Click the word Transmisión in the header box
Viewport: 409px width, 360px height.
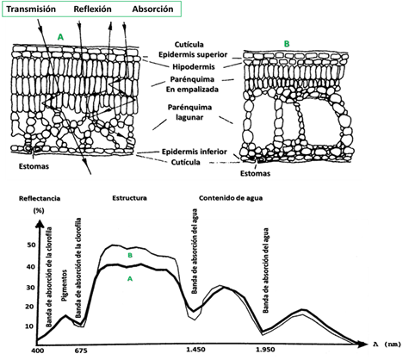[31, 9]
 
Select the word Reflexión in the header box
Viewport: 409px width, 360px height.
[92, 9]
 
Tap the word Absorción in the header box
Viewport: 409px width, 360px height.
[152, 9]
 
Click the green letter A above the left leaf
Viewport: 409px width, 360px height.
[60, 37]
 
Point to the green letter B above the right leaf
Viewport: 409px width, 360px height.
[287, 44]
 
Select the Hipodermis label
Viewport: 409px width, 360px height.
[194, 67]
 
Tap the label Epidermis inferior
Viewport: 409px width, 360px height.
[195, 152]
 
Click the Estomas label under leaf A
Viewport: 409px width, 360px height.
[34, 166]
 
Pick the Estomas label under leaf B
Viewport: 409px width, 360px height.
[255, 173]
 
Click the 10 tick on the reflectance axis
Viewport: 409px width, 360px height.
[30, 326]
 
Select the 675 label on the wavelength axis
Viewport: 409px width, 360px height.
[81, 351]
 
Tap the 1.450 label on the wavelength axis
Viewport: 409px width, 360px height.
[195, 350]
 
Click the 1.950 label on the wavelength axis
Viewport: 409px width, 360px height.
[265, 350]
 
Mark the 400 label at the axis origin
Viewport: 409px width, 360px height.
[38, 351]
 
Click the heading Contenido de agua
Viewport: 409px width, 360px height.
[231, 198]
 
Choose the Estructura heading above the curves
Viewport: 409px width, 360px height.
[129, 198]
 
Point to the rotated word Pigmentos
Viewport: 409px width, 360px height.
[65, 285]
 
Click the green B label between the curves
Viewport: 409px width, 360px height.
[130, 255]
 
